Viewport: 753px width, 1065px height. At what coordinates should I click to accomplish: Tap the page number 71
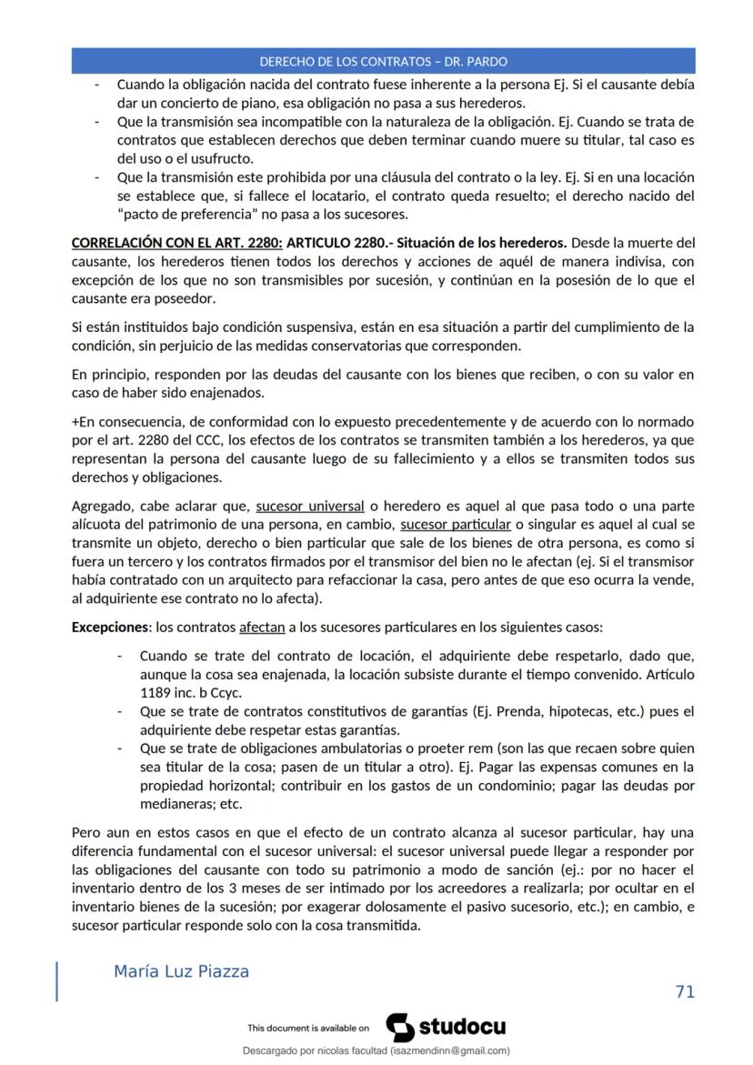pos(685,991)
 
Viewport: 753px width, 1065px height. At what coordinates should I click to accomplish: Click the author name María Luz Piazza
pos(181,971)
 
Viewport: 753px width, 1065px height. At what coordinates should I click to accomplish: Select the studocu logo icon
pos(400,1027)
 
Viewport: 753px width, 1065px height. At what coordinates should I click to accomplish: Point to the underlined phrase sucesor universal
pos(310,506)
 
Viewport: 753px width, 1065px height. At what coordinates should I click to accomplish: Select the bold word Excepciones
pos(109,628)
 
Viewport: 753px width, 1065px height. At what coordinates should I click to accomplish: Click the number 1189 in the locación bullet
pos(156,690)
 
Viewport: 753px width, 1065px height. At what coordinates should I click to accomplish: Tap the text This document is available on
pos(307,1029)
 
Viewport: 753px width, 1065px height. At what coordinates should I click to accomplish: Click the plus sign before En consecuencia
pos(75,422)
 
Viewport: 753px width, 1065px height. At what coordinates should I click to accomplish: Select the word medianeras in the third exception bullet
pos(171,804)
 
